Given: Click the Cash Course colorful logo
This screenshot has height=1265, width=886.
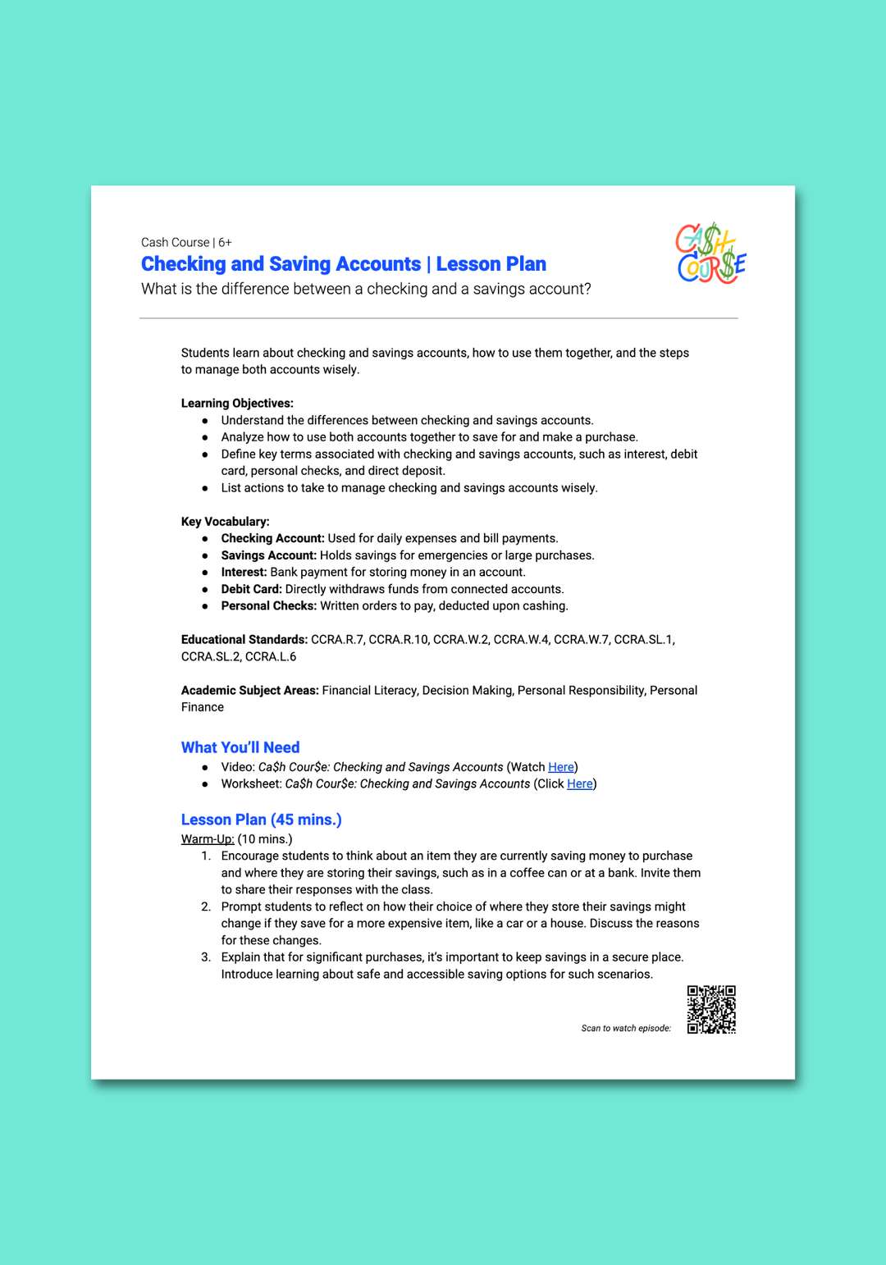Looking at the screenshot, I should (710, 254).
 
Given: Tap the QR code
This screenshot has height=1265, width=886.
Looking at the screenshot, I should (711, 1010).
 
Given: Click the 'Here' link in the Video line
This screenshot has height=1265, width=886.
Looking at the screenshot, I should (561, 767).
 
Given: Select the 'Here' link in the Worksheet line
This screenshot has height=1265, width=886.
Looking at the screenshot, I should (579, 784).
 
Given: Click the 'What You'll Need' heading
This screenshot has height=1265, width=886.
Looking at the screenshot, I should (240, 747).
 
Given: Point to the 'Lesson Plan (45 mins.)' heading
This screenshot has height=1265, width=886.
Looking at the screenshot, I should (261, 820).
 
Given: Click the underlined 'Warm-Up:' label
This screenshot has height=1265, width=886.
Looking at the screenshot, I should (208, 839).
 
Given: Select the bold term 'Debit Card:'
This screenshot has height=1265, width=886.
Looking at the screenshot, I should (251, 589).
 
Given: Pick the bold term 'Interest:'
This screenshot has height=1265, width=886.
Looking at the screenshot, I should (244, 573).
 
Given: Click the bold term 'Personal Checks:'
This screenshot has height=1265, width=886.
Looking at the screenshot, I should (268, 606).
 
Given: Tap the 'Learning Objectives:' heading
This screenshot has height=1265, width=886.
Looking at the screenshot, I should (237, 404).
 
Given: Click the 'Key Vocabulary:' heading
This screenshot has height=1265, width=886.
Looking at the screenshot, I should (225, 522).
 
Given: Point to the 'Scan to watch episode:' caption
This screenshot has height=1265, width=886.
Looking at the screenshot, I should (626, 1029).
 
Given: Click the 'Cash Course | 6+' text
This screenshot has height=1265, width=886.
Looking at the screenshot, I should (186, 243).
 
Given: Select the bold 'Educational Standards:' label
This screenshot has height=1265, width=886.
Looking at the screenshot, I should (244, 640).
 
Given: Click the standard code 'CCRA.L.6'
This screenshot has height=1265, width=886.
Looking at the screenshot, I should (271, 657).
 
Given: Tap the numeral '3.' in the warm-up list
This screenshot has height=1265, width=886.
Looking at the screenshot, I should (206, 957).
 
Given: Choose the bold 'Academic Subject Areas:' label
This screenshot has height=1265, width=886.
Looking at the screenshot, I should (249, 691).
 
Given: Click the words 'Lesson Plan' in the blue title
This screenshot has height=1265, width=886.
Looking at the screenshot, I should (491, 264).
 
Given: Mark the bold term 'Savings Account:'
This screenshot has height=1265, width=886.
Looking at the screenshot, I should (268, 555).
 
